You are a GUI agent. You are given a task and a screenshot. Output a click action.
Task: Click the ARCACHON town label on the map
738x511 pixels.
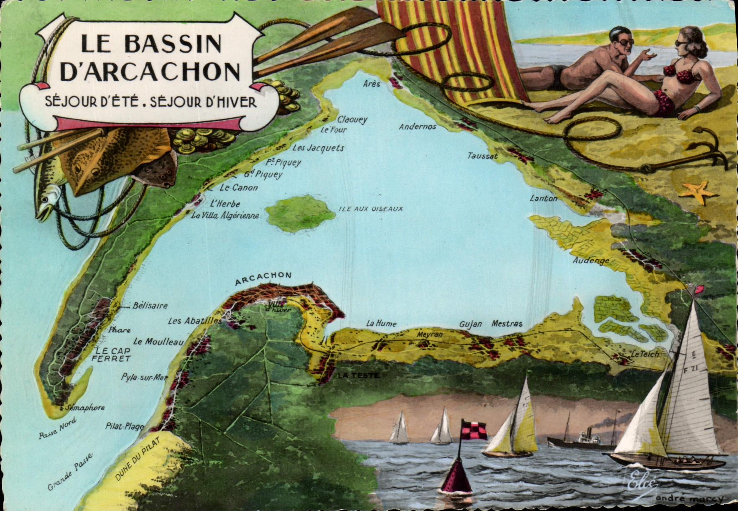(263, 278)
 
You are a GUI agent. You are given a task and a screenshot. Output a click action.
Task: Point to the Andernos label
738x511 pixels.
(417, 126)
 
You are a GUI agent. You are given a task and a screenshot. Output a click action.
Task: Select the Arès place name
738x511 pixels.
(372, 84)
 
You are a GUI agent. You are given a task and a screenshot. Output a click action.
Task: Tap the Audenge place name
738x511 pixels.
(591, 261)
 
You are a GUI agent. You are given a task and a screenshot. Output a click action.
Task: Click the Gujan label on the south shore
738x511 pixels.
(470, 324)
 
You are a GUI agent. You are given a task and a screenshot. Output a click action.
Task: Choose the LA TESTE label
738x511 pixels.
(358, 376)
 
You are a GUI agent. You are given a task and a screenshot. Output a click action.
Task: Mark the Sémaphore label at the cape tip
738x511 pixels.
(85, 407)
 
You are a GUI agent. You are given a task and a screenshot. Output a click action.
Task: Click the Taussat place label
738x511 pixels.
(483, 156)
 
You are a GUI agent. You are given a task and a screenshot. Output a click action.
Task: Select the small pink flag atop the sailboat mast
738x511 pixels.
(699, 289)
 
